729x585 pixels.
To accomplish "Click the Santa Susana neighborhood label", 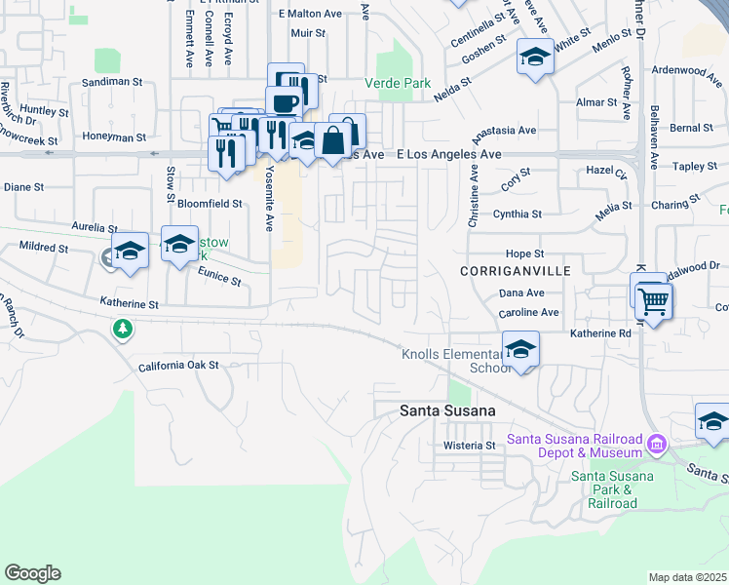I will point(447,411).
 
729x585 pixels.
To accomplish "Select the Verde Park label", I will point(398,83).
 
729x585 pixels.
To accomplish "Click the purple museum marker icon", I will point(657,446).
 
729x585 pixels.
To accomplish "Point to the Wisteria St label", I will point(471,445).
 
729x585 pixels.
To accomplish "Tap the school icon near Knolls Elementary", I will point(522,351).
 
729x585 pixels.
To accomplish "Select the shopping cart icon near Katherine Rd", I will point(654,301).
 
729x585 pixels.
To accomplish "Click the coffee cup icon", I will point(285,102).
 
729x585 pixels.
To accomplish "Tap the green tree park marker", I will point(123,330).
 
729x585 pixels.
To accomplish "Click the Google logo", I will point(32,573).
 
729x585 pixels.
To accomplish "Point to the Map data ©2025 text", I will point(688,577).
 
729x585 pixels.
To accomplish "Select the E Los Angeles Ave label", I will point(449,154).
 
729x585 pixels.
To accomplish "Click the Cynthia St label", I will point(518,214).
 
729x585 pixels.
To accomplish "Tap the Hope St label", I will point(523,253).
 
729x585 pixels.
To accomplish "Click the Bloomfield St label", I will point(210,204).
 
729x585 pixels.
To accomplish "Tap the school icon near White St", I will point(534,58).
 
